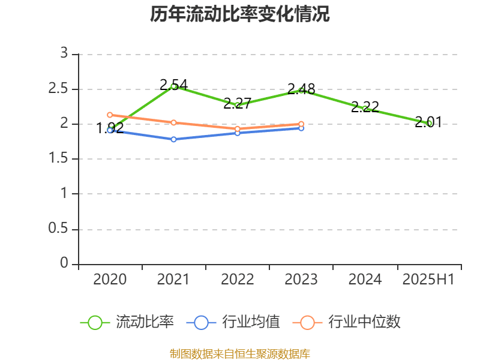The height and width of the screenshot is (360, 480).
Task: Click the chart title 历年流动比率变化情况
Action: pyautogui.click(x=240, y=14)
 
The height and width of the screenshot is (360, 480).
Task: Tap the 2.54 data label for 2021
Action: pyautogui.click(x=173, y=85)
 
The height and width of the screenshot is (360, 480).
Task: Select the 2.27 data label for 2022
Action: pyautogui.click(x=237, y=103)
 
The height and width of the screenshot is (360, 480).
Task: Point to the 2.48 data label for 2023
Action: pyautogui.click(x=301, y=89)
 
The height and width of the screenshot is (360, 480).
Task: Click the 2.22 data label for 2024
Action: pyautogui.click(x=365, y=107)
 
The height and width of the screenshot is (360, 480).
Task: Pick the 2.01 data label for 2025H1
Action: pyautogui.click(x=428, y=122)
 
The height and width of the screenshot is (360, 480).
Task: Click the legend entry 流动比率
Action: pyautogui.click(x=145, y=322)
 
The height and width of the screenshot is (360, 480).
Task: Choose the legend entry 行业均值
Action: pyautogui.click(x=251, y=322)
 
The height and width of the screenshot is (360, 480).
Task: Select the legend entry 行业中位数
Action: pyautogui.click(x=364, y=322)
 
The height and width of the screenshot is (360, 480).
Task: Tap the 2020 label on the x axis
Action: pyautogui.click(x=110, y=280)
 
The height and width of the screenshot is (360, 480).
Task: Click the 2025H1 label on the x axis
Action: pyautogui.click(x=428, y=280)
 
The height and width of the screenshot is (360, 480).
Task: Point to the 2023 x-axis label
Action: pyautogui.click(x=301, y=280)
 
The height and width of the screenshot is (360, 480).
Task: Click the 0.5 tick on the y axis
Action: pyautogui.click(x=59, y=229)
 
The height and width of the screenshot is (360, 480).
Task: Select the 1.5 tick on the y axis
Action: pyautogui.click(x=59, y=159)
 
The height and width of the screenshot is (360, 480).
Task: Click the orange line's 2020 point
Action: pyautogui.click(x=110, y=115)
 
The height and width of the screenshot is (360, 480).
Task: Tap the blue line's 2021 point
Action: pyautogui.click(x=173, y=139)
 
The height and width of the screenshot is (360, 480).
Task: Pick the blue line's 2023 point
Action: pyautogui.click(x=301, y=128)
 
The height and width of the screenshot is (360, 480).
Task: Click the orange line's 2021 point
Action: pyautogui.click(x=173, y=122)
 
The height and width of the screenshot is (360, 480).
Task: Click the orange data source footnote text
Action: pyautogui.click(x=240, y=353)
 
